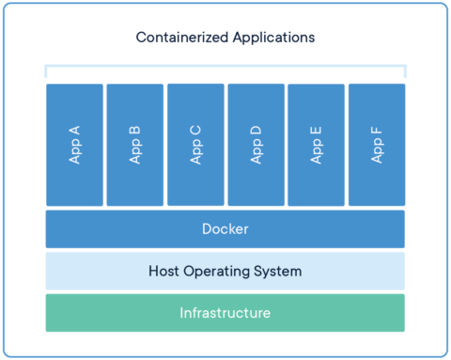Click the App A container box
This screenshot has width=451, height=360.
tap(74, 145)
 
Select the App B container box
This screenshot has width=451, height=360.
tap(134, 145)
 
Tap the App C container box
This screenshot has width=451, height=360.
tap(195, 145)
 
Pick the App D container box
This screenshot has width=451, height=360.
tap(256, 145)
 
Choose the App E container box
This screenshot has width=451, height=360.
tap(316, 145)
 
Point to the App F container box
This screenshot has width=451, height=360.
tap(377, 145)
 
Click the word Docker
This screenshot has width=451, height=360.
tap(225, 229)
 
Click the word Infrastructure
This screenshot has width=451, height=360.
tap(225, 313)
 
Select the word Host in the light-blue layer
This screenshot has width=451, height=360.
tap(165, 272)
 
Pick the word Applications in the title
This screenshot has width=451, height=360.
tap(272, 39)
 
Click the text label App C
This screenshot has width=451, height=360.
tap(195, 145)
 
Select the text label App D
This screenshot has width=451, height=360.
tap(256, 145)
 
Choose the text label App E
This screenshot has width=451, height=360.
tap(316, 145)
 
